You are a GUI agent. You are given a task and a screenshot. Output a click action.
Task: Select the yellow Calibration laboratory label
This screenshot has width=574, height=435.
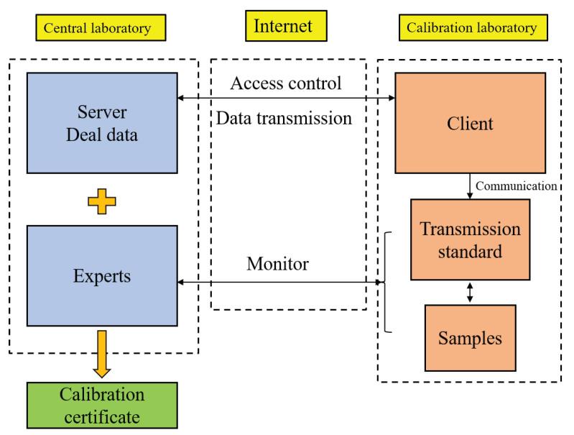(x=471, y=28)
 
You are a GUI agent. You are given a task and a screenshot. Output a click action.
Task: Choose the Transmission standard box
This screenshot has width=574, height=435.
(x=470, y=239)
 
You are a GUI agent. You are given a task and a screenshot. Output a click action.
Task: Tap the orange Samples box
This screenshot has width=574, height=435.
(x=470, y=337)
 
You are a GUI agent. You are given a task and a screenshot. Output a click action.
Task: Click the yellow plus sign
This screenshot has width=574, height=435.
(x=102, y=203)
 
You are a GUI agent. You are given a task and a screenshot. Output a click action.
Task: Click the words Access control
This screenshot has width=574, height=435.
(x=285, y=83)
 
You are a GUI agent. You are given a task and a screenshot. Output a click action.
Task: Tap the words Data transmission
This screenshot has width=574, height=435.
(x=285, y=118)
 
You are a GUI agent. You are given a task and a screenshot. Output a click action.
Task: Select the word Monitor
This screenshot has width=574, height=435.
(x=277, y=263)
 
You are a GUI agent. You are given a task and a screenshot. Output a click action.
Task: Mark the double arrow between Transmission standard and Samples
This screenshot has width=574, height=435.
(x=470, y=292)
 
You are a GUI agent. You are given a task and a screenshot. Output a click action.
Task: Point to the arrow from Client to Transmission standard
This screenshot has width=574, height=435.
(x=470, y=186)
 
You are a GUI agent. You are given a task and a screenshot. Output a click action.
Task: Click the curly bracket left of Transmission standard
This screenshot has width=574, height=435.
(x=389, y=282)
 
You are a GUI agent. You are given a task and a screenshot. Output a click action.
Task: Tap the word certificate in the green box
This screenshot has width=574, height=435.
(x=102, y=416)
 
